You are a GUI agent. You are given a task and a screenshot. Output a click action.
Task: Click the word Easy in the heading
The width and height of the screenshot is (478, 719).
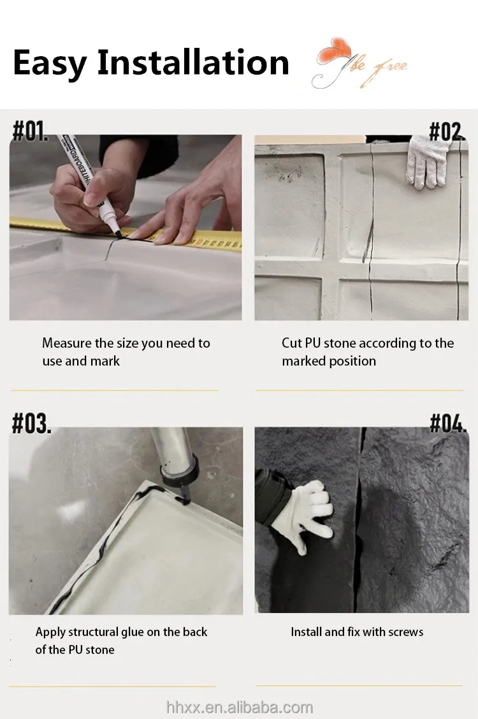50,63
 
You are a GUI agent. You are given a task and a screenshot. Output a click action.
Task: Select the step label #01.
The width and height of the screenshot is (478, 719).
30,131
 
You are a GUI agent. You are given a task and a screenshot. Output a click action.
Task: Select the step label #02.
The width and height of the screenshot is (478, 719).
447,131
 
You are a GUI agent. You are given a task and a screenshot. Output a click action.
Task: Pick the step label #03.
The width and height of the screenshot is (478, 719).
31,423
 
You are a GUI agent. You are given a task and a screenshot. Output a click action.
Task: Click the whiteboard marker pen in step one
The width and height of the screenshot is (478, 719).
91,186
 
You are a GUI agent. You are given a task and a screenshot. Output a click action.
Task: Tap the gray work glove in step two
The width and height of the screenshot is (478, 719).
426,161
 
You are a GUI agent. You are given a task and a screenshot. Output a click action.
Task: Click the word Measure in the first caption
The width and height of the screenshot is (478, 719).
66,343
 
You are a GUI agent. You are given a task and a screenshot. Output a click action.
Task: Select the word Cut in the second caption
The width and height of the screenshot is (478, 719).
291,343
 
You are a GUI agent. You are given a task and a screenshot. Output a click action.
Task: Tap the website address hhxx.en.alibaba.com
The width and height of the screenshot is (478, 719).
240,707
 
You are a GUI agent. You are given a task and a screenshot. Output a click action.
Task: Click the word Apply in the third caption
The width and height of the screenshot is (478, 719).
50,633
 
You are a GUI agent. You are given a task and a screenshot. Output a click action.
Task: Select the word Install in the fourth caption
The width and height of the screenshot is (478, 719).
306,632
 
